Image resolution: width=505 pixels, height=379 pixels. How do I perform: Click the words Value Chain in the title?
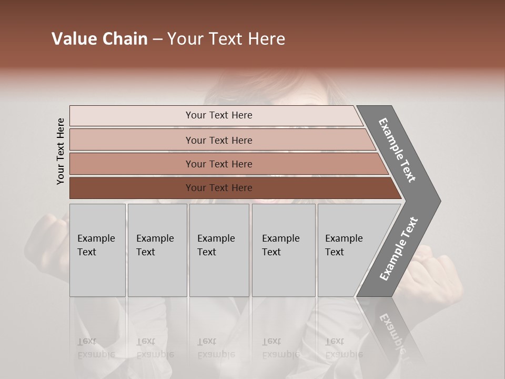pyautogui.click(x=99, y=39)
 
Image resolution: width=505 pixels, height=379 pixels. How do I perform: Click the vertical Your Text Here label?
pyautogui.click(x=61, y=151)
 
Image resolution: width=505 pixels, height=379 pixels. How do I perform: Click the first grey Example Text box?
pyautogui.click(x=97, y=250)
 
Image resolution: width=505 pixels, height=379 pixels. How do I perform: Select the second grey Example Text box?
pyautogui.click(x=157, y=250)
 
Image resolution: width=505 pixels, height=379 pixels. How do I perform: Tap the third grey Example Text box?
pyautogui.click(x=219, y=250)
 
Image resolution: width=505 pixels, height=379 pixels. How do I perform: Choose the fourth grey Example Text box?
pyautogui.click(x=283, y=250)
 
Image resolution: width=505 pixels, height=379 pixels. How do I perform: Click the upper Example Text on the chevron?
pyautogui.click(x=397, y=150)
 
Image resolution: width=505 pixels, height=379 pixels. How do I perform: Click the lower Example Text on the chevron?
pyautogui.click(x=399, y=248)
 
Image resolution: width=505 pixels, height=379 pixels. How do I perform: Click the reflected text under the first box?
pyautogui.click(x=95, y=348)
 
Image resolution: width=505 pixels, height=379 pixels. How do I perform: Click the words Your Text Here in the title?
pyautogui.click(x=226, y=39)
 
